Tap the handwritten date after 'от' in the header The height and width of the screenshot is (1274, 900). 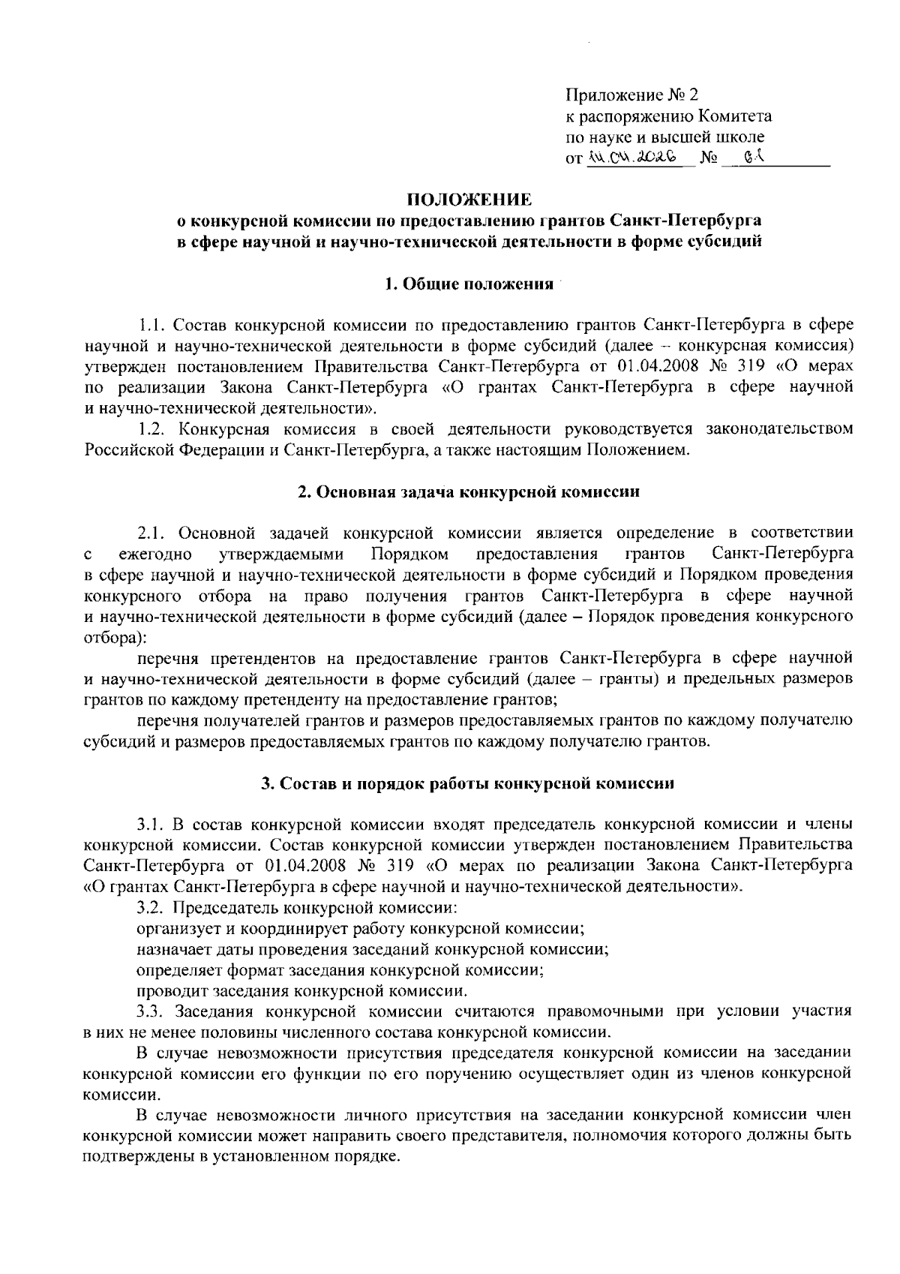[x=634, y=158]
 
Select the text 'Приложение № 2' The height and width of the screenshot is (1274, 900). [x=631, y=95]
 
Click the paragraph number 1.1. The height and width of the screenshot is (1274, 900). [x=153, y=325]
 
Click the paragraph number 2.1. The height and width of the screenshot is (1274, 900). [x=153, y=533]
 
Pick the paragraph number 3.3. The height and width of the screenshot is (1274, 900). [x=153, y=1011]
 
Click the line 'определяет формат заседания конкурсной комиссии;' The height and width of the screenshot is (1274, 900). [x=340, y=969]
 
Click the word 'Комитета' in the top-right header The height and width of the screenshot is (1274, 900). [x=735, y=116]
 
